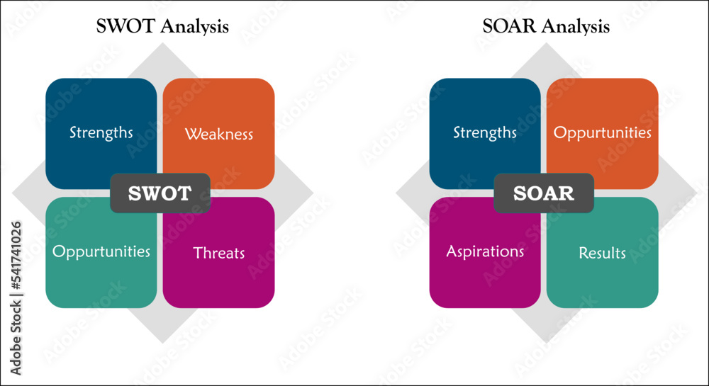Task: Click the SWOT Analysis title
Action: (x=162, y=28)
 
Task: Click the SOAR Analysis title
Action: (x=545, y=28)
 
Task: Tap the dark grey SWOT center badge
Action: (x=160, y=193)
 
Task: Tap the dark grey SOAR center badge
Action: (x=544, y=193)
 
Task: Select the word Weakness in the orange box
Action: (x=218, y=134)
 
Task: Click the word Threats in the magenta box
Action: (x=218, y=253)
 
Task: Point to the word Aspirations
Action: (x=485, y=252)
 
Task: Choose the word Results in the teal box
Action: (x=602, y=253)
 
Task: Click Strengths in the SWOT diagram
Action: (x=101, y=132)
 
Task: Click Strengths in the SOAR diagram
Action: (x=485, y=132)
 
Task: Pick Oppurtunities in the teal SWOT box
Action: (x=101, y=252)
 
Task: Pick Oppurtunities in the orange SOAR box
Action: (x=602, y=132)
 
